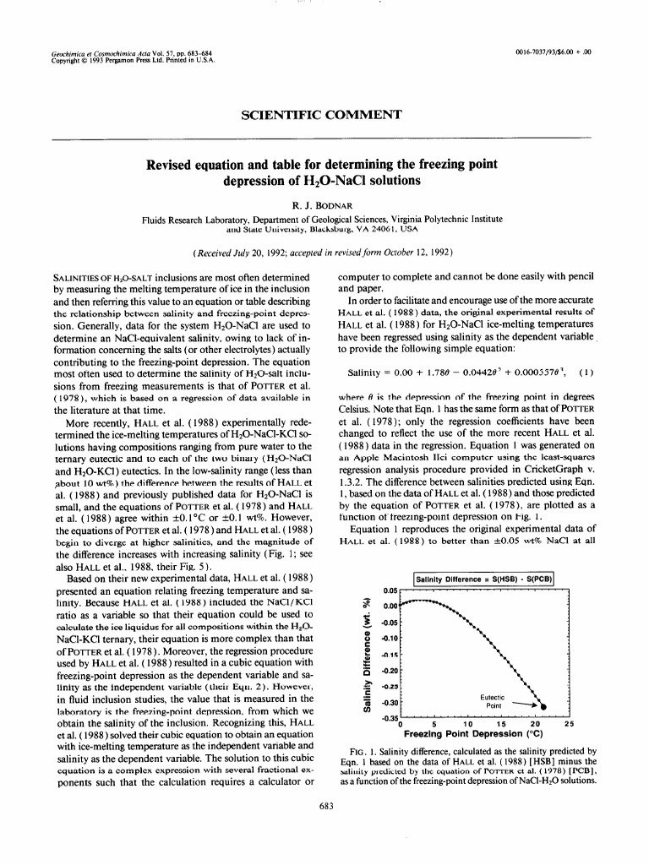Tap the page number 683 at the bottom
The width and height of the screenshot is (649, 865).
(x=324, y=829)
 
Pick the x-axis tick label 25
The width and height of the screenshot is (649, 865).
(x=568, y=725)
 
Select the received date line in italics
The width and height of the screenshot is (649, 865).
(x=324, y=253)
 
